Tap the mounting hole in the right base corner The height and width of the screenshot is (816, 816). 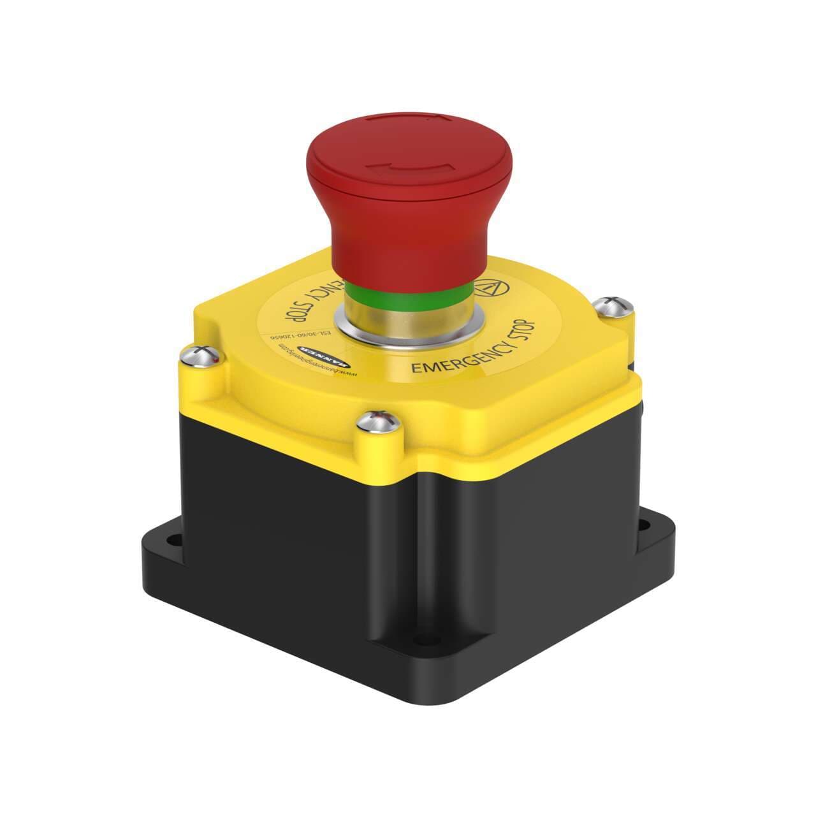645,527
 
